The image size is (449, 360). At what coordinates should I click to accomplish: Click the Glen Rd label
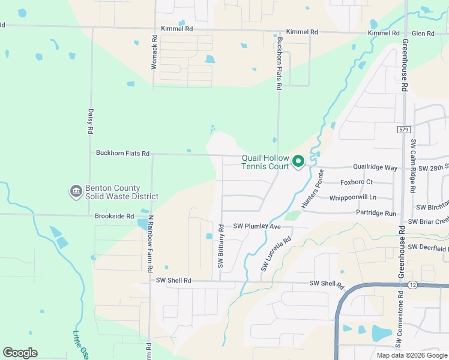point(423,33)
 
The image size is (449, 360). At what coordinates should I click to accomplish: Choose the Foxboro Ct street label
point(357,182)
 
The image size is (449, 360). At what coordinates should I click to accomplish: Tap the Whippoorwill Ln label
point(361,197)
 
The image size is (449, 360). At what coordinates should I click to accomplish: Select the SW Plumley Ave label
point(257,227)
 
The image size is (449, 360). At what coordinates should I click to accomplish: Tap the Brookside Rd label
point(113,216)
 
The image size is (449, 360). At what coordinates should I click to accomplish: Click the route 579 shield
point(403,129)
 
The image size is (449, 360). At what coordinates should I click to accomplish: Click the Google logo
point(20,353)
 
